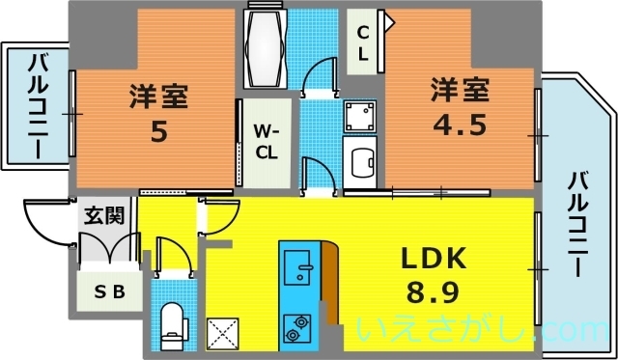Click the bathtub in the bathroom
coord(266,46)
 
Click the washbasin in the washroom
coord(362,163)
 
